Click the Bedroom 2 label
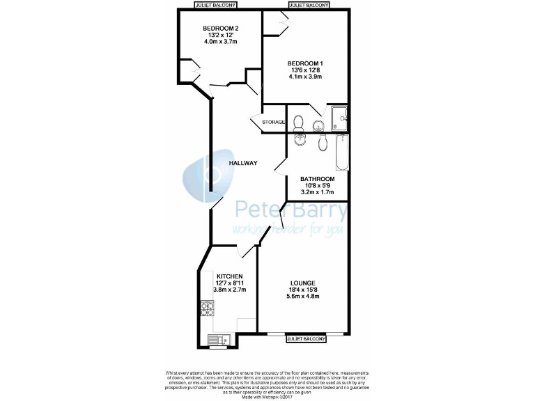[216, 29]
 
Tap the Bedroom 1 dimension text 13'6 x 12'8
[307, 70]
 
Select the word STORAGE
[273, 123]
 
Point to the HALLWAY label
[244, 163]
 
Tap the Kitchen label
[229, 276]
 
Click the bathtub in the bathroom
[341, 152]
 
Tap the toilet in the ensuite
[299, 123]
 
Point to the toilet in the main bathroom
[323, 142]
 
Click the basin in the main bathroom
[300, 139]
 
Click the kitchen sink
[216, 340]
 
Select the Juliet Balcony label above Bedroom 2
[215, 4]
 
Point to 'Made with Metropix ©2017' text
[267, 397]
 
